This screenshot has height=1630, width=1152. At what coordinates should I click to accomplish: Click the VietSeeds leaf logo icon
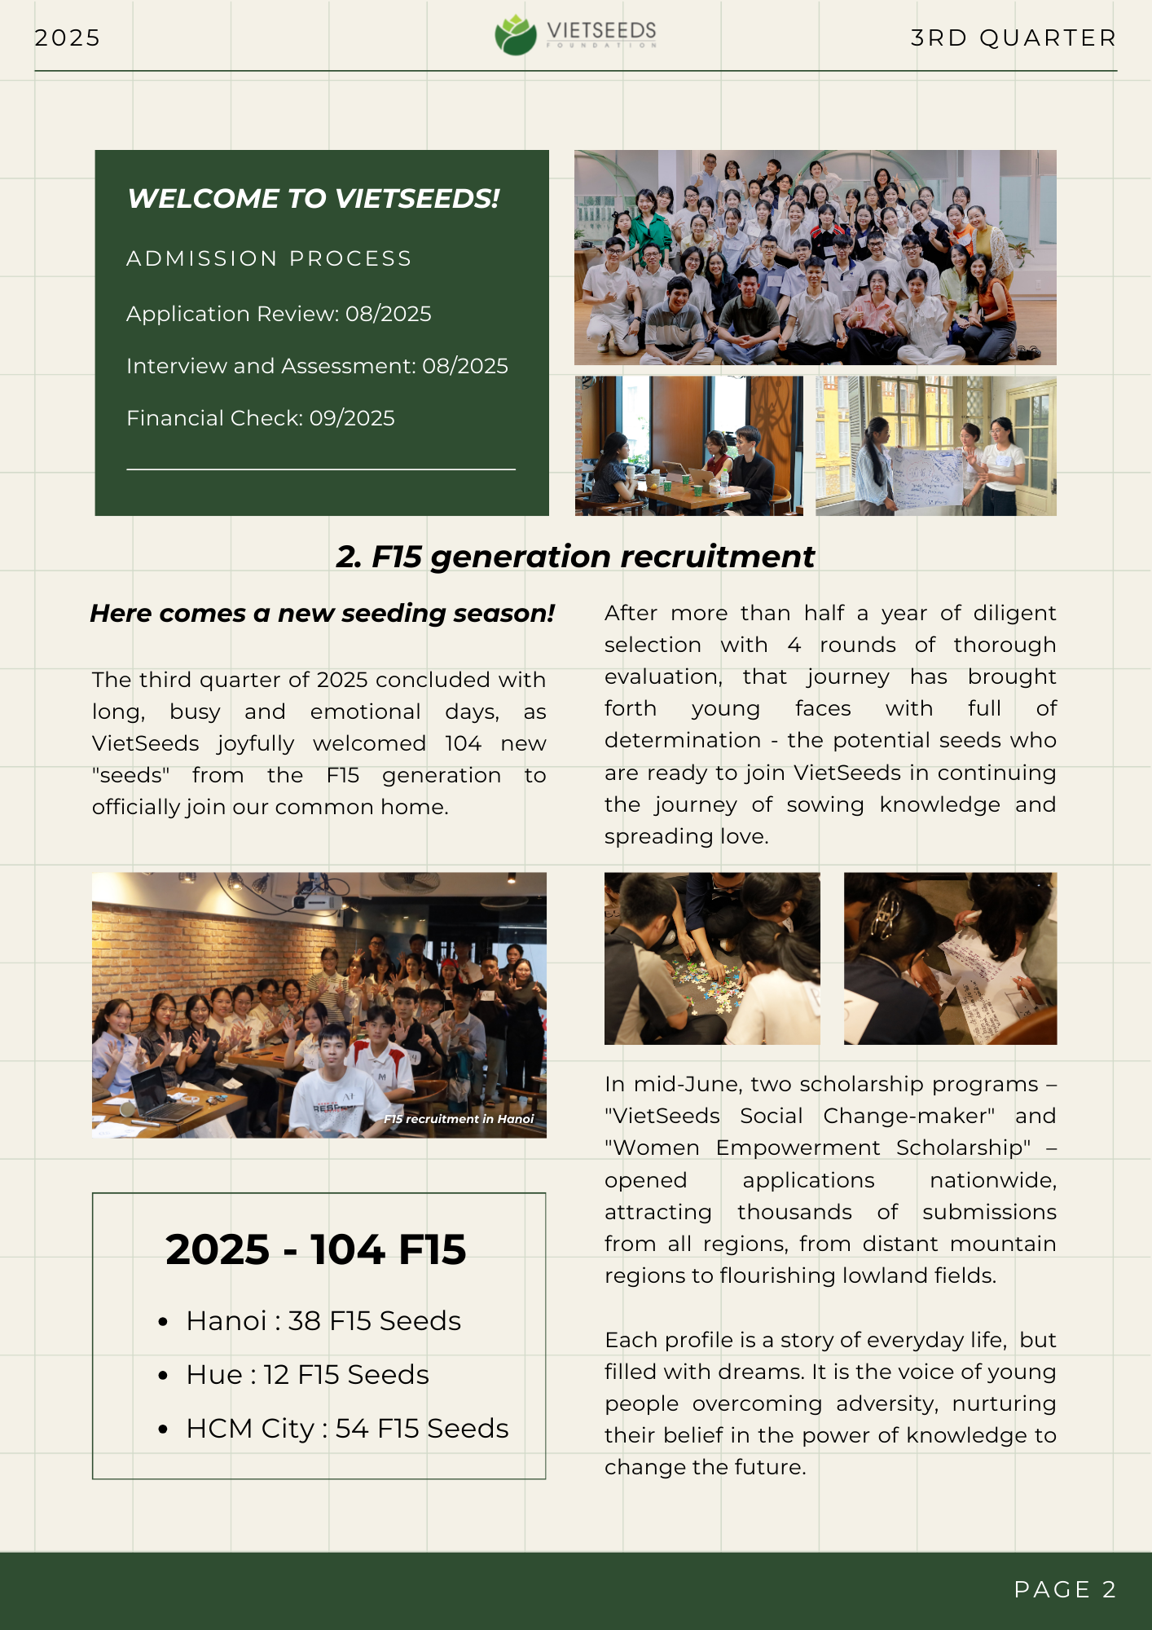coord(515,36)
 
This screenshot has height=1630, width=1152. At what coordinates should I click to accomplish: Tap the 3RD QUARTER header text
coord(1013,37)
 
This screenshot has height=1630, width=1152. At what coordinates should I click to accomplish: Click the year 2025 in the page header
coord(67,37)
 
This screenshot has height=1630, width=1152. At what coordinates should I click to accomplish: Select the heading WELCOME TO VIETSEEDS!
coord(314,198)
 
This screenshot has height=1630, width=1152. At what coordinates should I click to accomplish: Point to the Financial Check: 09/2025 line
coord(261,418)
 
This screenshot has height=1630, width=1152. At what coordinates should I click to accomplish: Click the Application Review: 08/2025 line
coord(279,314)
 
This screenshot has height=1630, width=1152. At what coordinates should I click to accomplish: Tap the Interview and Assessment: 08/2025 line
coord(317,366)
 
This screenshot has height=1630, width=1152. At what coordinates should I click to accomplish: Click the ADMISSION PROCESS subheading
coord(269,258)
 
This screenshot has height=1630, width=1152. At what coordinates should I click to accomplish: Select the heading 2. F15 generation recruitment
coord(575,557)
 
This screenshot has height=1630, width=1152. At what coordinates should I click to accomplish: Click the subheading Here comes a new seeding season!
coord(322,613)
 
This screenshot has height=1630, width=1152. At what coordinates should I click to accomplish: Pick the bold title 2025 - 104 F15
coord(315,1249)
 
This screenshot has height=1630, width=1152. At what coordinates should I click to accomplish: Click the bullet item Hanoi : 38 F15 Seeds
coord(323,1320)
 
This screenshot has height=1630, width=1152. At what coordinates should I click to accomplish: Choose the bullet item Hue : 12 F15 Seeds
coord(307,1374)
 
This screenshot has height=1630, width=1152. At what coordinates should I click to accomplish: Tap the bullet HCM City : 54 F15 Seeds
coord(347,1428)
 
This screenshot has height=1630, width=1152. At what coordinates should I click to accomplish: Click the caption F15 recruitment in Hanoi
coord(459,1119)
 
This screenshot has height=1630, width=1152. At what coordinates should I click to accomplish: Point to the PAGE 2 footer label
coord(1064,1589)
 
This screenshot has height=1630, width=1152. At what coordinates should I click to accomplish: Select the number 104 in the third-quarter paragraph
coord(463,743)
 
